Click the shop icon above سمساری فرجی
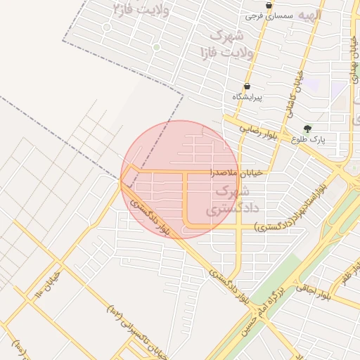click(269, 4)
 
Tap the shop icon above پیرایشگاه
click(246, 86)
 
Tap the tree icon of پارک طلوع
click(307, 129)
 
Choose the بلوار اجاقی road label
click(313, 291)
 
